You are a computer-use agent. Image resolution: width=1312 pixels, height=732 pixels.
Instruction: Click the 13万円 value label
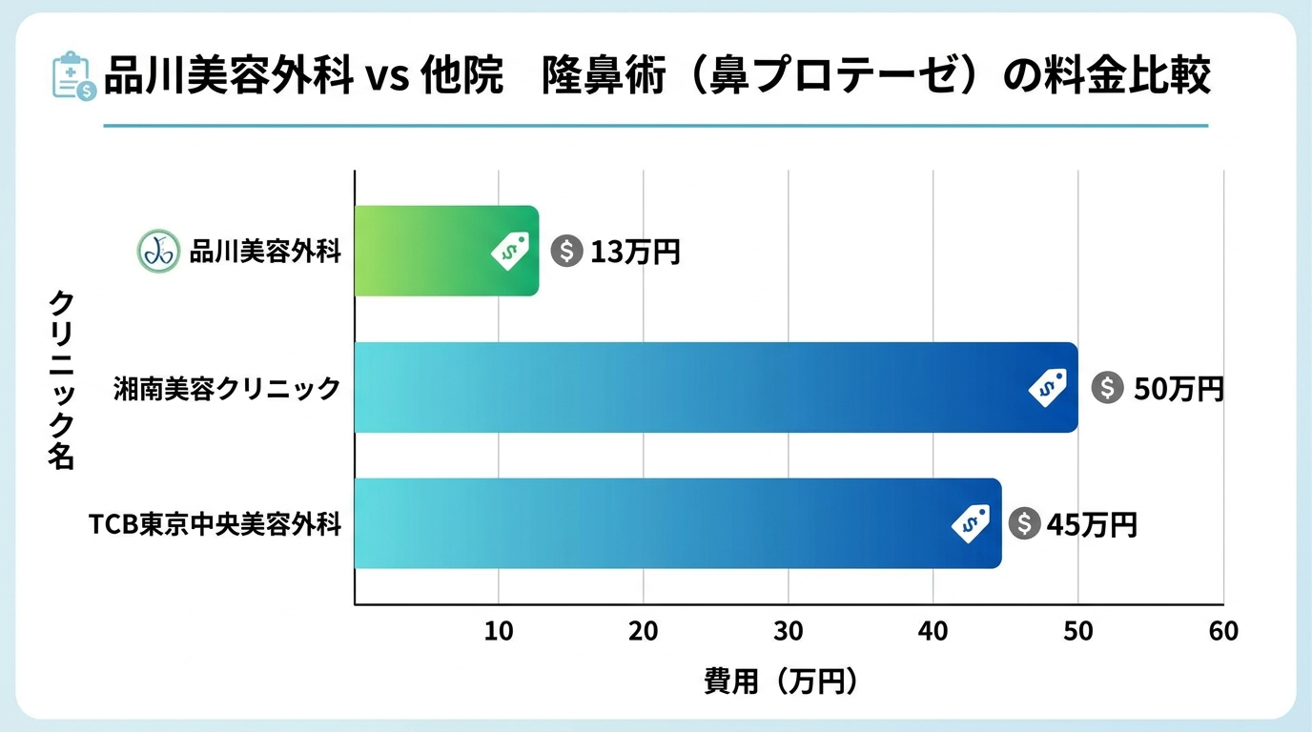click(x=635, y=252)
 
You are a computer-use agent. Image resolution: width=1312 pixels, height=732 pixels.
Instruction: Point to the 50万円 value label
click(x=1178, y=389)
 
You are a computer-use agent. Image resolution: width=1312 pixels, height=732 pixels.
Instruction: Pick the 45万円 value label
click(x=1092, y=524)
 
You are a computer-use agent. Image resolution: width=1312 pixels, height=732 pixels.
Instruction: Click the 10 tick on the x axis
click(x=499, y=631)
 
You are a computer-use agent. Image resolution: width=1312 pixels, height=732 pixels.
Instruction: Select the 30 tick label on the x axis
click(x=789, y=631)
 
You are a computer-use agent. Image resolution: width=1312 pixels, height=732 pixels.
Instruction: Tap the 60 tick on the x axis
click(x=1222, y=631)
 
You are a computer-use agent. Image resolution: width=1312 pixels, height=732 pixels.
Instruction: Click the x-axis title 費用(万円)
click(x=781, y=681)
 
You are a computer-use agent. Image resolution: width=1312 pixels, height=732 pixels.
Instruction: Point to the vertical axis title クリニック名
click(x=61, y=379)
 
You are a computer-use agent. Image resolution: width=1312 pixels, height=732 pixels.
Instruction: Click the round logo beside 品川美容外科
click(x=158, y=252)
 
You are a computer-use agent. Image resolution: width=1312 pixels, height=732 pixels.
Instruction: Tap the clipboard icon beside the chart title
click(x=72, y=77)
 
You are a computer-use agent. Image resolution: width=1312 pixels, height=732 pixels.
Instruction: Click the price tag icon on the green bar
click(x=510, y=252)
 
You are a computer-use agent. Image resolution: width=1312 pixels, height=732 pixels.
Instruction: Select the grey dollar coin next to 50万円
click(x=1107, y=388)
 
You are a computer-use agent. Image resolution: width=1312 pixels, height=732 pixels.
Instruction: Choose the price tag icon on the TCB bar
click(x=971, y=523)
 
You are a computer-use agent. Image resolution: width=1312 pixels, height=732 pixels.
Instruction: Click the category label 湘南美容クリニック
click(x=226, y=389)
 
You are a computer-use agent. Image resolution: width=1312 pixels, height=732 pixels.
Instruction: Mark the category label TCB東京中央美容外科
click(x=215, y=524)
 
